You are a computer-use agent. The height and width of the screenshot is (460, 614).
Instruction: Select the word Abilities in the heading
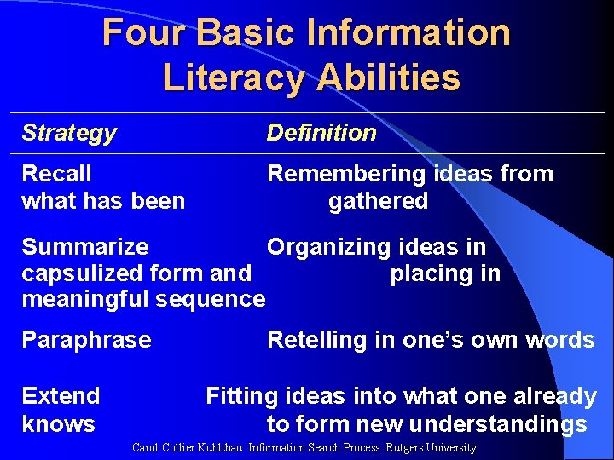[388, 78]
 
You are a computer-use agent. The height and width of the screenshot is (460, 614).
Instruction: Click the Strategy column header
[69, 133]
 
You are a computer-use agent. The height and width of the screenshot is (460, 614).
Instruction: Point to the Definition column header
[321, 133]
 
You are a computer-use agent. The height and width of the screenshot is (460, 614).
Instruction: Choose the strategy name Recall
[56, 174]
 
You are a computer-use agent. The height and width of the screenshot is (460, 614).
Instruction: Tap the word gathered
[378, 201]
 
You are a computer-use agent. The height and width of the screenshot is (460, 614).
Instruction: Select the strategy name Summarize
[84, 247]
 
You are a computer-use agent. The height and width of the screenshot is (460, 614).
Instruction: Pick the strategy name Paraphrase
[86, 340]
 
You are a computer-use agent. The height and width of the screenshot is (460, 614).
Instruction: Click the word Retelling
[315, 340]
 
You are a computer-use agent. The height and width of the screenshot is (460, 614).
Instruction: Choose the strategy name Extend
[61, 396]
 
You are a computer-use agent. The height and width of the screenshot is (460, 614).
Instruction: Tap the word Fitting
[242, 396]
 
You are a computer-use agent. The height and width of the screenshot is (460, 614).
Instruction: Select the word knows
[58, 424]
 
